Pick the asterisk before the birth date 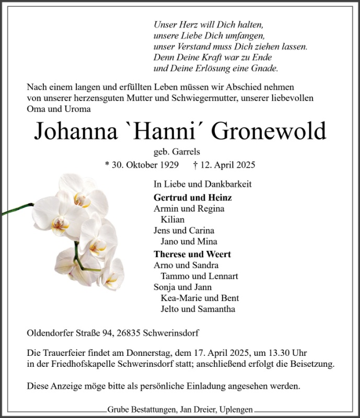click(107, 165)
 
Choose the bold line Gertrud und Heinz click(193, 198)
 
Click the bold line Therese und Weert click(192, 254)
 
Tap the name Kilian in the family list click(173, 219)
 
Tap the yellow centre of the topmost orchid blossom click(82, 199)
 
